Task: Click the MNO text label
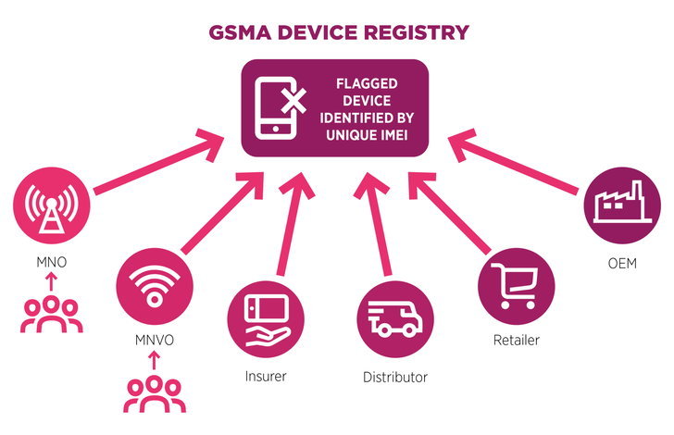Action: click(x=48, y=262)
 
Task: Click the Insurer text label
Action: click(x=267, y=376)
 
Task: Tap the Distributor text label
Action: click(x=395, y=378)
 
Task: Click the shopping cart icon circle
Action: click(x=516, y=280)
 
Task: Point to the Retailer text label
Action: click(x=516, y=340)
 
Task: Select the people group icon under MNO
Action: click(x=52, y=314)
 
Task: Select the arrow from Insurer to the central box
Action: click(x=292, y=222)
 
